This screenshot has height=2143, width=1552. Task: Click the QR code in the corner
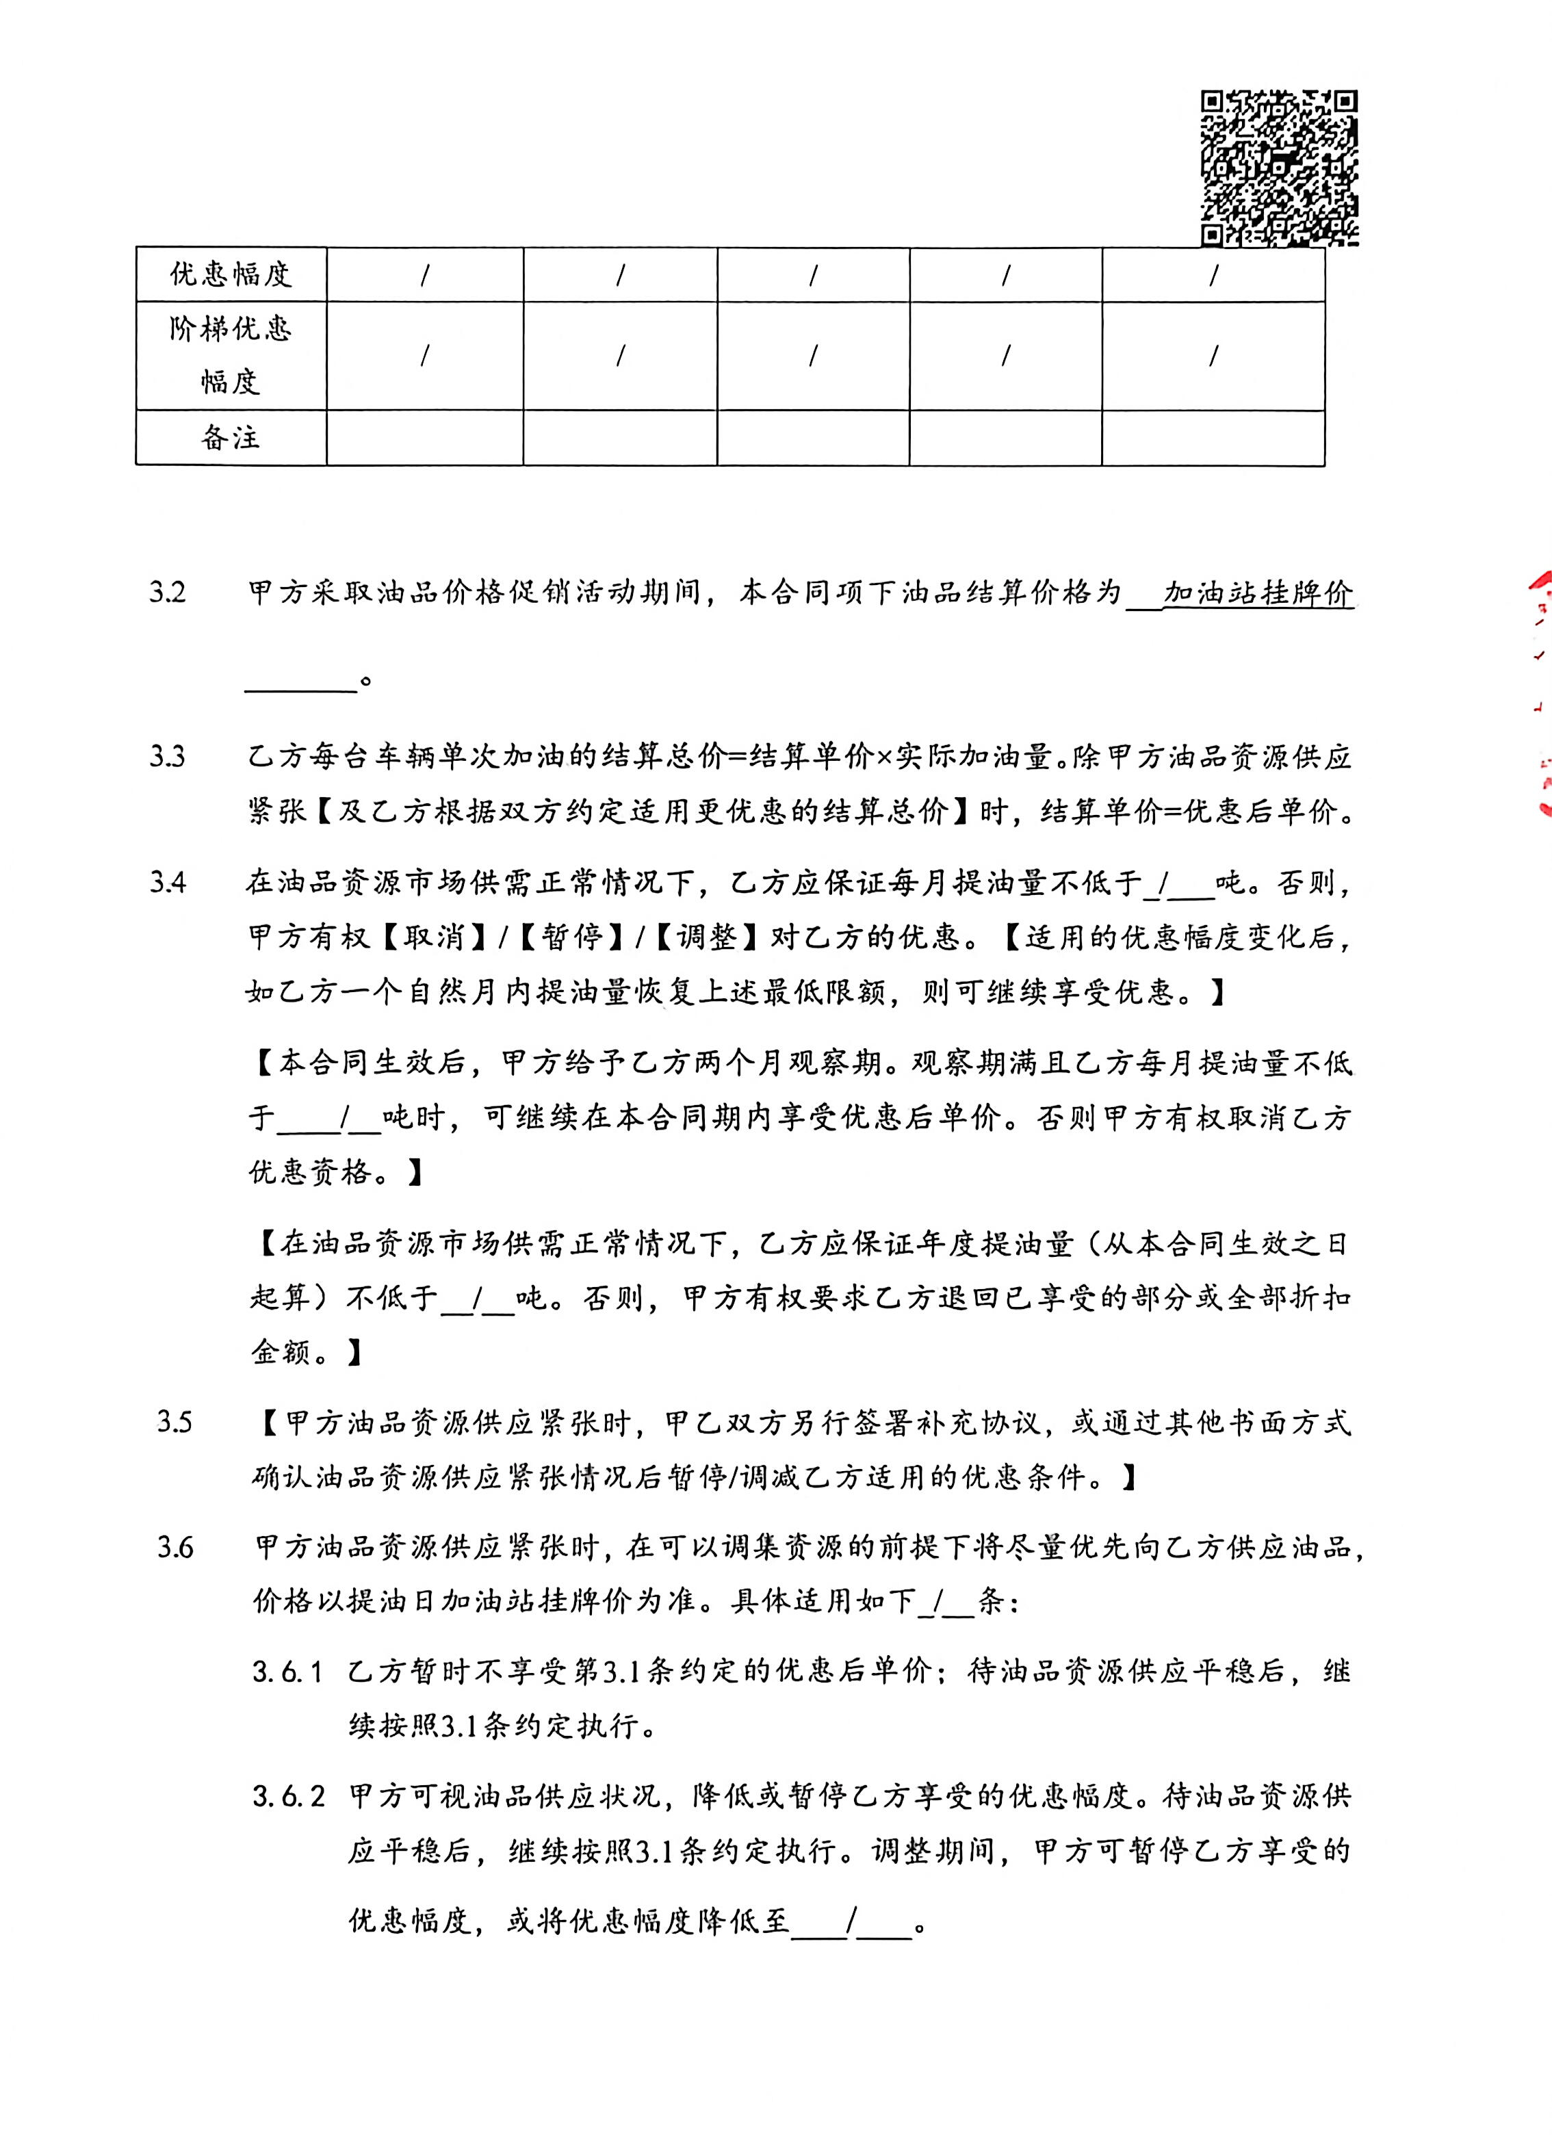1279,168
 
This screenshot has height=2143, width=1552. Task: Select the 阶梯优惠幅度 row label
231,354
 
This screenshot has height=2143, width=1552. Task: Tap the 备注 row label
231,437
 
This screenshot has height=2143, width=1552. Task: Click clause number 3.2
167,593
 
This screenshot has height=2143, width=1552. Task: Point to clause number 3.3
167,757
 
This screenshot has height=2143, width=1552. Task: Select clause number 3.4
167,883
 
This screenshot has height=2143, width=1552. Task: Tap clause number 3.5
175,1422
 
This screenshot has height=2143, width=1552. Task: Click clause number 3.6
175,1548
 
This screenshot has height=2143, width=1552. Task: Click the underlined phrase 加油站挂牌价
1258,593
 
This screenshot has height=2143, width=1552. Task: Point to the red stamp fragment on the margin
1540,690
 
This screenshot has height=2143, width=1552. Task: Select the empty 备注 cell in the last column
1213,437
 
